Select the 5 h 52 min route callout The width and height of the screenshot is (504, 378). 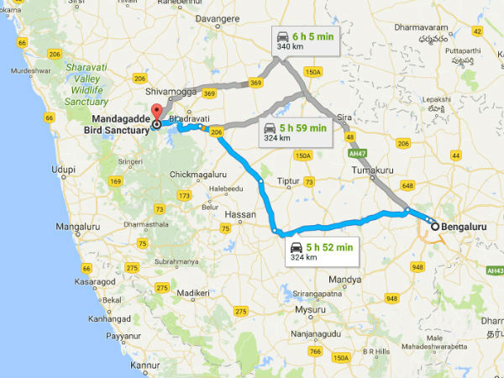[x=320, y=249]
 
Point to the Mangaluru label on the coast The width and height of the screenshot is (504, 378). [x=78, y=227]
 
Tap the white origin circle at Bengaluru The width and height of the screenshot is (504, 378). [x=435, y=226]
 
